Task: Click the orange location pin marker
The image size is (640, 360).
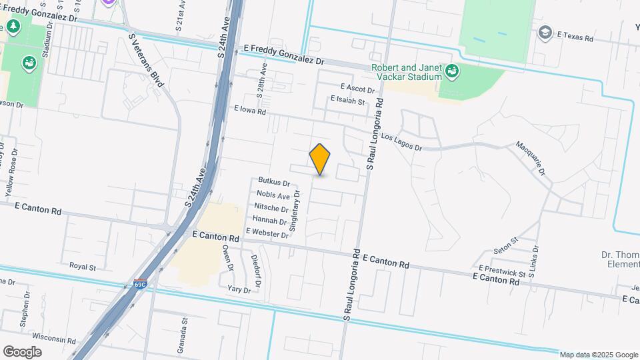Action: pos(320,159)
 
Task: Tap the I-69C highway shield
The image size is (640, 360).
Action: pos(140,284)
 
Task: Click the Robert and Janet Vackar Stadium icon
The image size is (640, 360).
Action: pos(453,69)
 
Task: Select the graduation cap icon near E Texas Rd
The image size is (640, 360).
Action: pos(545,33)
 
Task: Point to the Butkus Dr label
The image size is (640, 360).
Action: pos(274,183)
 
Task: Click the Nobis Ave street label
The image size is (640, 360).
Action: pos(273,195)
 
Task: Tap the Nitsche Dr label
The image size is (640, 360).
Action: pos(271,208)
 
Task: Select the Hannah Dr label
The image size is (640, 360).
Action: pos(270,221)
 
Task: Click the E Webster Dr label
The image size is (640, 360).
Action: pos(267,232)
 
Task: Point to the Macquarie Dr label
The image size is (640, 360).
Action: pos(531,158)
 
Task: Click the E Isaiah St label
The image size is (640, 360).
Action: pos(348,101)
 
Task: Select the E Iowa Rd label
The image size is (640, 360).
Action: pos(250,111)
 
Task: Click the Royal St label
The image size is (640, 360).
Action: pos(83,266)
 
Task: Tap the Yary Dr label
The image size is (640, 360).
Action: pos(239,289)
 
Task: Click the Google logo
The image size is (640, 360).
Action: pos(22,351)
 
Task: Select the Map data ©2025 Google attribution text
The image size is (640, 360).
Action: pos(599,355)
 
